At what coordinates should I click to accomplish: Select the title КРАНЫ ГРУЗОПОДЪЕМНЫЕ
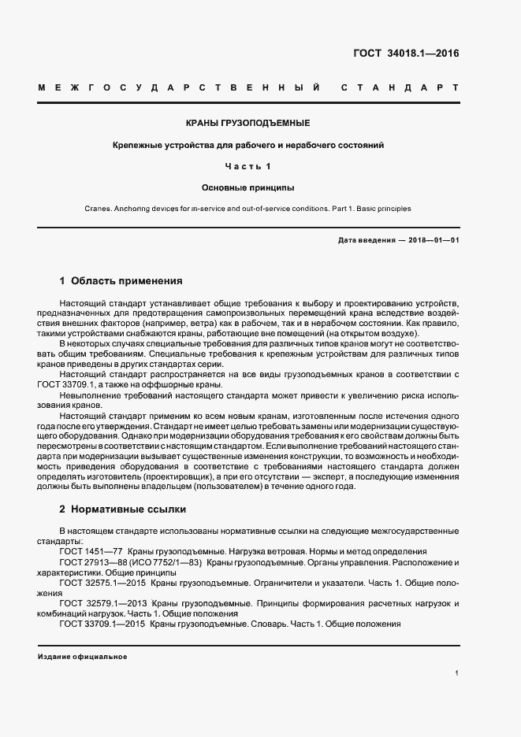click(x=247, y=124)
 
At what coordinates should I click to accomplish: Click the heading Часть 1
click(x=247, y=166)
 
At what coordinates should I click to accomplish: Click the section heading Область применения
click(x=127, y=280)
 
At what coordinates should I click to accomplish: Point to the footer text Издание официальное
click(x=82, y=657)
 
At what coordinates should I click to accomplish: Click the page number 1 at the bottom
click(x=457, y=673)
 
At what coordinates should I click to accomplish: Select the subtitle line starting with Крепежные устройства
click(x=247, y=146)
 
